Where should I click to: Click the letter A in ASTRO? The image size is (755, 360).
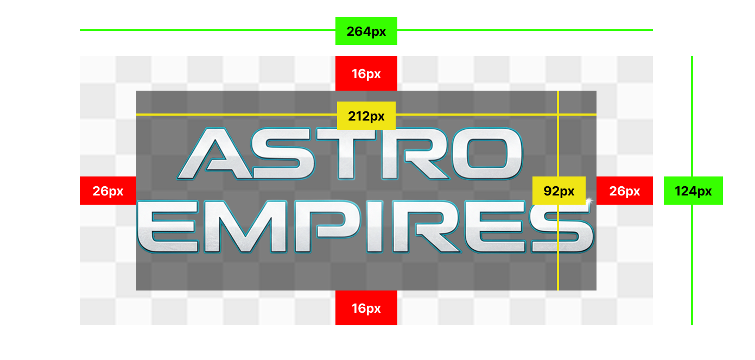point(209,155)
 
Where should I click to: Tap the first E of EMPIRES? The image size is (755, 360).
point(168,226)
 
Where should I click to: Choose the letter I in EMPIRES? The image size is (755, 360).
point(375,226)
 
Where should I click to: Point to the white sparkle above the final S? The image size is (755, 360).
point(588,201)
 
